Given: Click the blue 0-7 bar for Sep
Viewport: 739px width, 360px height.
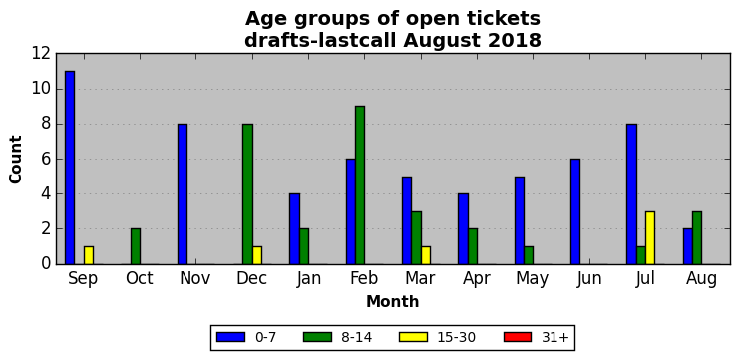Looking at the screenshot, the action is point(70,168).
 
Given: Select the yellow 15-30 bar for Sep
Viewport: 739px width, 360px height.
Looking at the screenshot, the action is point(89,255).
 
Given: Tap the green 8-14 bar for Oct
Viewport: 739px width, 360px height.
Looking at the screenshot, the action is point(136,246).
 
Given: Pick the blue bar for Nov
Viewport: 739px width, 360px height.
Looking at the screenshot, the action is point(183,193).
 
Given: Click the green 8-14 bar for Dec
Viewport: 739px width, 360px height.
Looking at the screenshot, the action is point(248,193).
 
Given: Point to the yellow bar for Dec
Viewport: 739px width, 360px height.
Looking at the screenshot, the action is point(257,255).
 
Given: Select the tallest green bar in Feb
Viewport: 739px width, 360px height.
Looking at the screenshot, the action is point(360,185).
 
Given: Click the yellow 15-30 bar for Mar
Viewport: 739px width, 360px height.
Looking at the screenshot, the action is point(426,255).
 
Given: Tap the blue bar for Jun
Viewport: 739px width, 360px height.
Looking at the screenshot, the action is point(575,211).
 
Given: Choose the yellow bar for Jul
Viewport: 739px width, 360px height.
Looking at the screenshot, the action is point(650,238).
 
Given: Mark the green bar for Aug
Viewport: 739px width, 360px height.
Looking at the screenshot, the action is point(697,238).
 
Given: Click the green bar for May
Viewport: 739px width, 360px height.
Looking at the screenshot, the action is point(529,255).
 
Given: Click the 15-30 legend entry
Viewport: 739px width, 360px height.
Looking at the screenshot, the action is point(438,337).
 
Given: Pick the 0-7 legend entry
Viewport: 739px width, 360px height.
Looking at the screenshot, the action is point(246,337).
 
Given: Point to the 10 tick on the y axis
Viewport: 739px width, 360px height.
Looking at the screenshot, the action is point(41,89).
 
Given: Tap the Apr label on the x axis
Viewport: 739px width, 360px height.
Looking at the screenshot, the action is point(477,279).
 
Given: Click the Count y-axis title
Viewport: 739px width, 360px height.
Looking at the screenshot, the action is point(16,160).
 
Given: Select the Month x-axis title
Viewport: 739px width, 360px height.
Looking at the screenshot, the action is point(393,301).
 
